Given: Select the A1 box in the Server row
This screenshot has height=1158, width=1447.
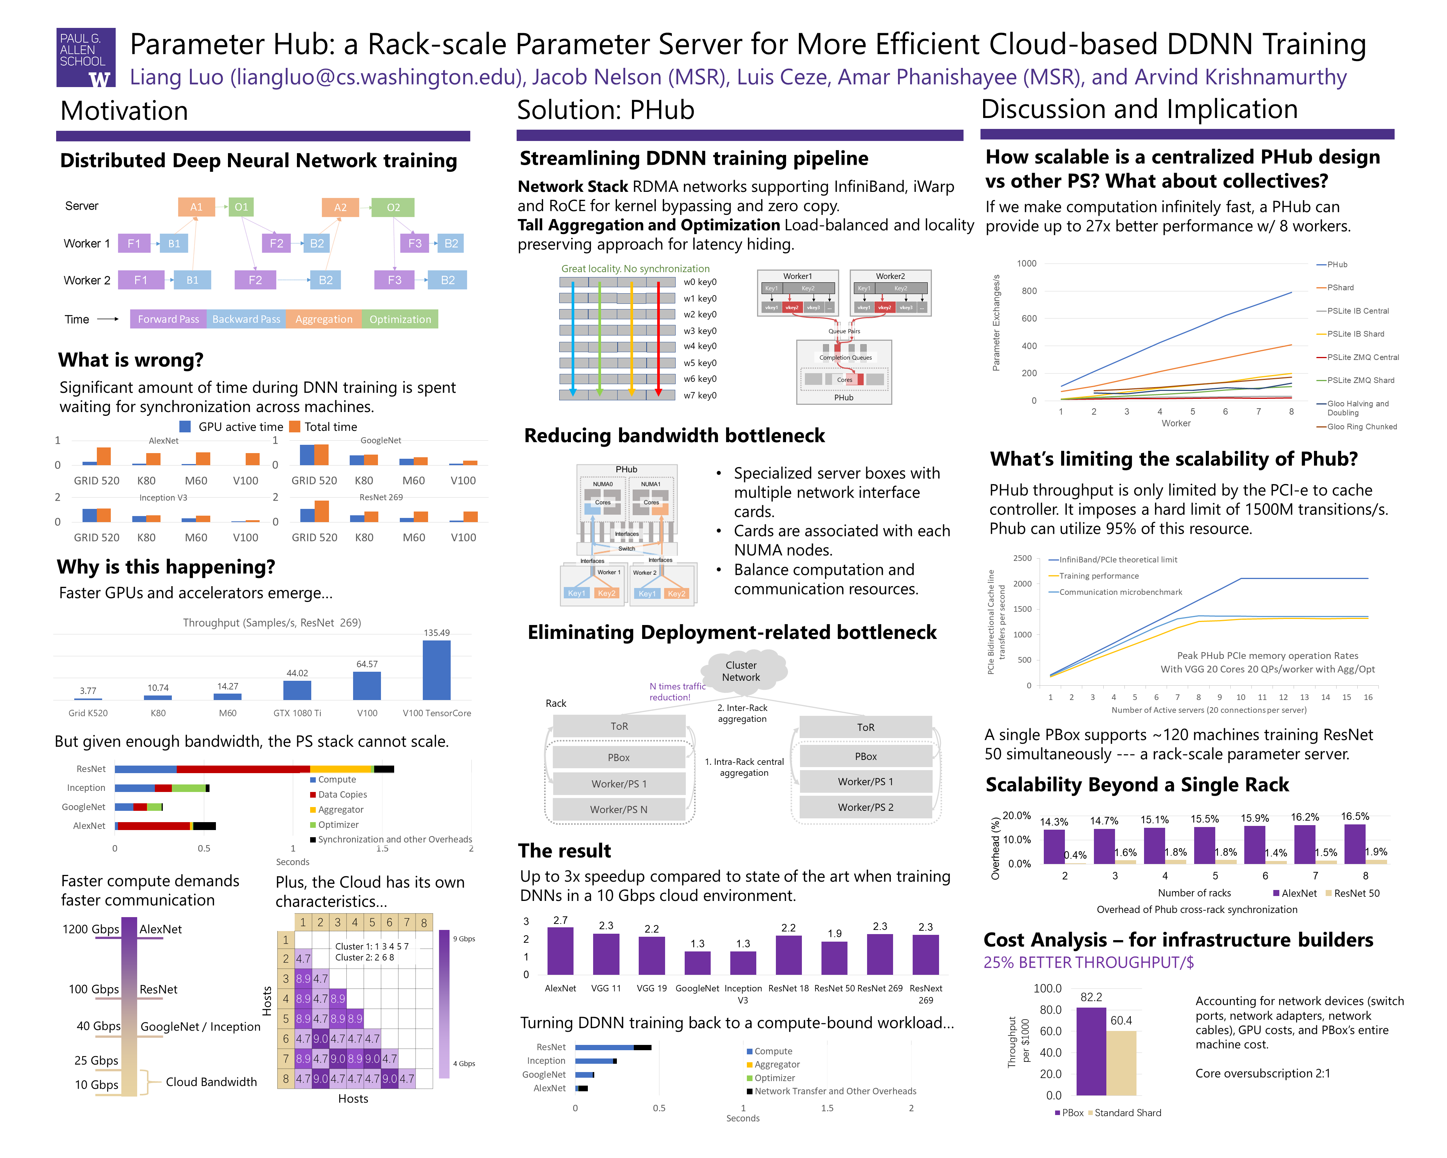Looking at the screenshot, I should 196,207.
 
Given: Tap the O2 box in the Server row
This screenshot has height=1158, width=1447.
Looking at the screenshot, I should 393,207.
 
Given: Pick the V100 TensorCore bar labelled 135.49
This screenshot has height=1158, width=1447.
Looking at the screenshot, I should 436,669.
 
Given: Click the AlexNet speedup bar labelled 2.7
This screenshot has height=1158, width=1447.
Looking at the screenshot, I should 560,950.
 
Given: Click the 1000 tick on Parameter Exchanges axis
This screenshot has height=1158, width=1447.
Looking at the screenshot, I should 1026,263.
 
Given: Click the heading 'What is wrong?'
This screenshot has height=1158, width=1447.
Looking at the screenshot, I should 131,360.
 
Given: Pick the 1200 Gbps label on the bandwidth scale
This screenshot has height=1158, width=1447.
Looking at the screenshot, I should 90,929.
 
